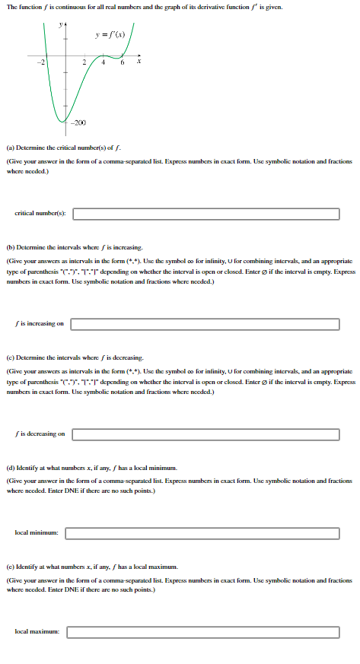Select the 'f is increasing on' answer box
(x=205, y=324)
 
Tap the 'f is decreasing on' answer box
(x=205, y=434)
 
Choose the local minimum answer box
(x=205, y=532)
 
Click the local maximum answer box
(x=205, y=631)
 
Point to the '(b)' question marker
(x=9, y=248)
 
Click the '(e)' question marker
(x=9, y=567)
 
